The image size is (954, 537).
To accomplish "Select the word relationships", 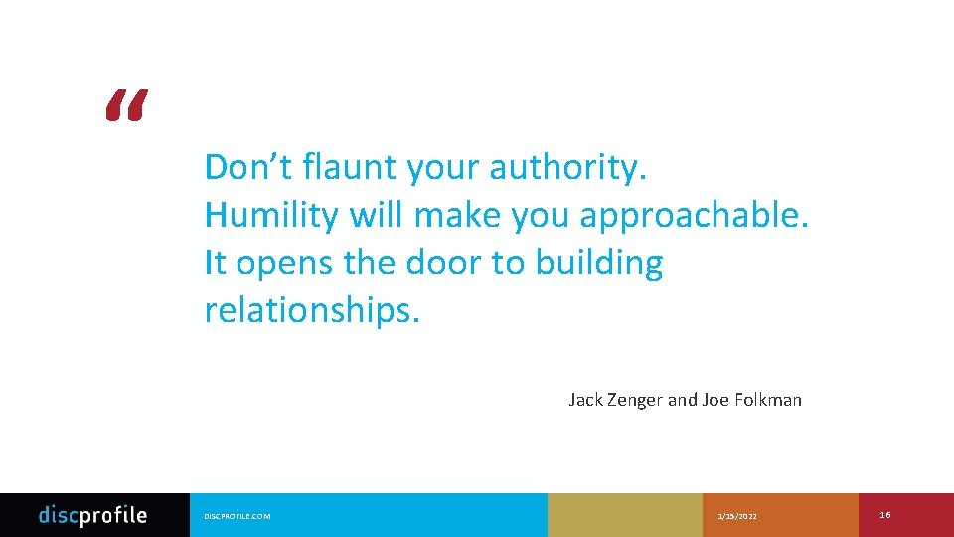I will [x=312, y=311].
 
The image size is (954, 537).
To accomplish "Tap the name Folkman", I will [x=767, y=400].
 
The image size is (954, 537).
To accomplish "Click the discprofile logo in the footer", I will [x=92, y=515].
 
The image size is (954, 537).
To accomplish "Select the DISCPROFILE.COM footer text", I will [x=237, y=516].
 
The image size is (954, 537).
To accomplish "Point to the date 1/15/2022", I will [x=736, y=516].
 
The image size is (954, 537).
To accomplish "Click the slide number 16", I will [x=885, y=514].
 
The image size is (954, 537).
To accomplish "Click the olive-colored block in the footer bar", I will [x=624, y=515].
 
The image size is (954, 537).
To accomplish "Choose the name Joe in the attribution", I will [x=715, y=400].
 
